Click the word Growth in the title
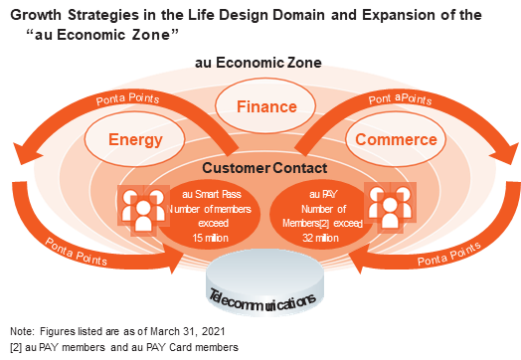pos(38,15)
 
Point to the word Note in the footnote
pos(19,330)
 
